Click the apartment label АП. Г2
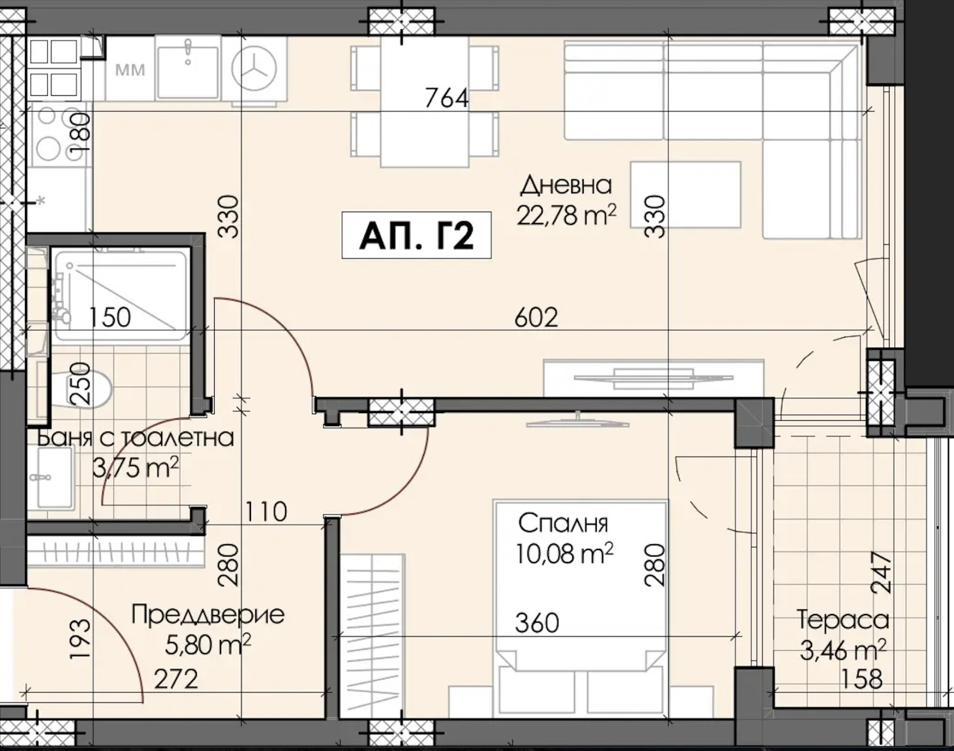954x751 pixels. tap(416, 235)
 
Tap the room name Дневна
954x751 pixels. tap(566, 185)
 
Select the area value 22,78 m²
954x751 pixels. tap(566, 215)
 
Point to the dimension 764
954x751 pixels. tap(447, 98)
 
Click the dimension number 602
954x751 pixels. tap(536, 318)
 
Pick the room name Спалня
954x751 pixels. tap(562, 523)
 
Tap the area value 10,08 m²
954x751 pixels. tap(564, 554)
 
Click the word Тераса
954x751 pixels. tap(843, 620)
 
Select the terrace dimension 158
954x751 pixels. tap(862, 679)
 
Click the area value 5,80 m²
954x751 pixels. tap(208, 644)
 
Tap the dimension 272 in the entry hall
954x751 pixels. tap(175, 679)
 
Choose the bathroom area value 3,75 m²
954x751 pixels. tap(136, 468)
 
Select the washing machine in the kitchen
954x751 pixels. tap(255, 70)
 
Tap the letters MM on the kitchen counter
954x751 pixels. tap(131, 70)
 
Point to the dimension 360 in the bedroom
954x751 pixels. tap(537, 623)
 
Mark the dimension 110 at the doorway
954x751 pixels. tap(265, 511)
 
